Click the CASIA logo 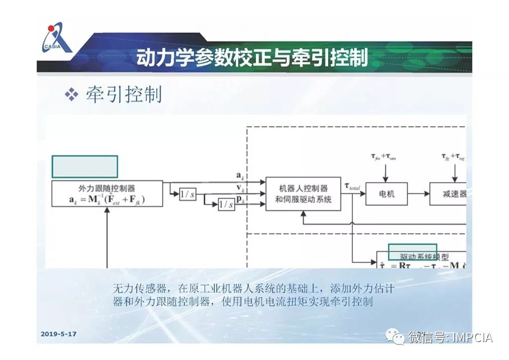click(56, 37)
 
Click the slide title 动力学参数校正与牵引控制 click(252, 57)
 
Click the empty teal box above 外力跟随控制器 click(85, 167)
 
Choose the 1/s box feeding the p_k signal click(226, 204)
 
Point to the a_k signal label click(240, 176)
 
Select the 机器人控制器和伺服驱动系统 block click(303, 194)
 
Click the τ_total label click(353, 187)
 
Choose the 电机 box click(386, 194)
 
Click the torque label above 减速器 click(453, 157)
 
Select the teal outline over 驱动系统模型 click(412, 252)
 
